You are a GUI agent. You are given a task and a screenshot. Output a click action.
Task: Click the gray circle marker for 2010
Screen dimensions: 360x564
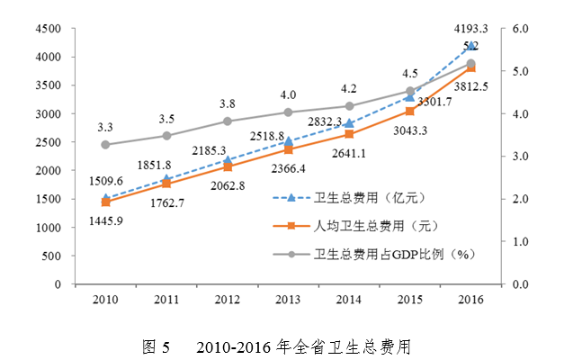105,145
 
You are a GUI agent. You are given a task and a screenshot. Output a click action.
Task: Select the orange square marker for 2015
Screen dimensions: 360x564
410,111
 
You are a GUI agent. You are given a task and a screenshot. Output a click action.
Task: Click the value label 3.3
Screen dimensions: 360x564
105,128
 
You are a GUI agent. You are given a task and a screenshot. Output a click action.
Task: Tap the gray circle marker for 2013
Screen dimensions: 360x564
288,112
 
